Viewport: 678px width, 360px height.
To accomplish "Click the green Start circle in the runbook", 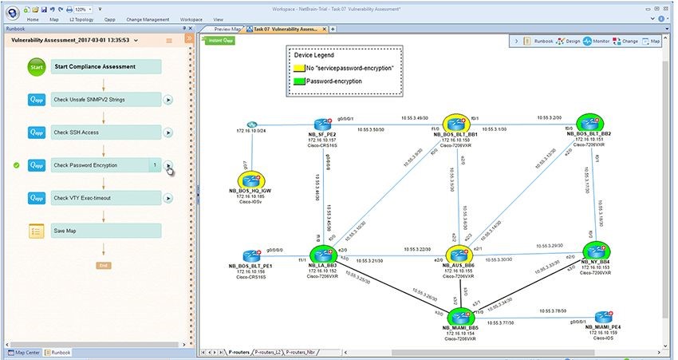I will click(36, 68).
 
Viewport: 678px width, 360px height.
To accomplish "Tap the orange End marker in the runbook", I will click(103, 264).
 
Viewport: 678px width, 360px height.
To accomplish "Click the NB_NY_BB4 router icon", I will click(596, 252).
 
